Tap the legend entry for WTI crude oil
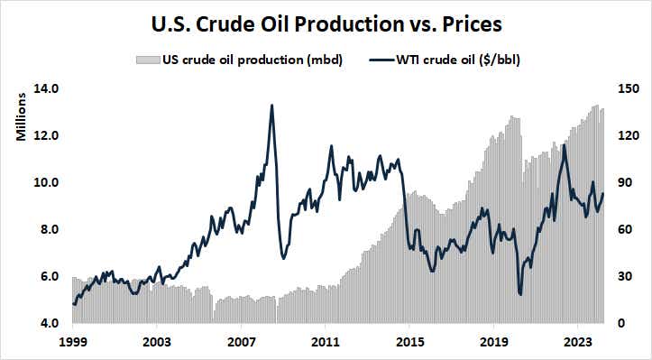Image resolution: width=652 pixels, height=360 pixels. pos(447,61)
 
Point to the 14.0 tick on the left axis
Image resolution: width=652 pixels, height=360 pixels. pos(46,88)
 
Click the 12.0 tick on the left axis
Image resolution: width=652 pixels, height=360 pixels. pos(46,135)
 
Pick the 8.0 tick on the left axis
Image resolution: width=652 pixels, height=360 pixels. pos(46,229)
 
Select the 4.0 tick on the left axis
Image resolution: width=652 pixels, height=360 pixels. pos(46,323)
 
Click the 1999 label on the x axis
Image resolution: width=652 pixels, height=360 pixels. pos(72,343)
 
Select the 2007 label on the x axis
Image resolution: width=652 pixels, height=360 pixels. pos(241,343)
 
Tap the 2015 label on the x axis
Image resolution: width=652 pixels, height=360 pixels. pos(410,343)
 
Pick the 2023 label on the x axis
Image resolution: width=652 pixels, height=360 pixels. pos(579,343)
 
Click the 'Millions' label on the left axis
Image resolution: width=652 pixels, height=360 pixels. pos(20,117)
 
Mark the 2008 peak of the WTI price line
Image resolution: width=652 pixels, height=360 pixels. pos(271,106)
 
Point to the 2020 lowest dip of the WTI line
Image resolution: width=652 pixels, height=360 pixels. pos(520,293)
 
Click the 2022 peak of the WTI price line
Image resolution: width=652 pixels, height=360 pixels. pos(565,144)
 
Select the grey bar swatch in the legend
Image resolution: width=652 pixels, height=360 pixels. pos(147,61)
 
